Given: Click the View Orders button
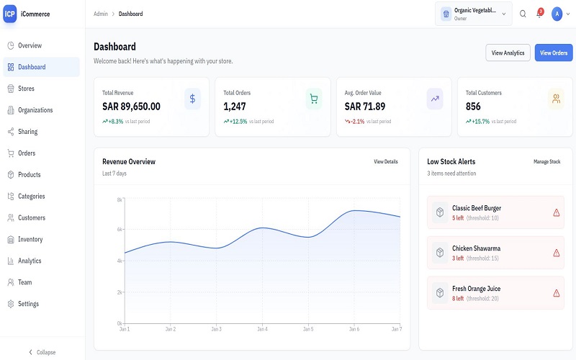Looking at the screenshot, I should pyautogui.click(x=553, y=53).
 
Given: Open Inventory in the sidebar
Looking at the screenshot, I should pyautogui.click(x=30, y=239).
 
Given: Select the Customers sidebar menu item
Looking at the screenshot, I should pyautogui.click(x=32, y=217).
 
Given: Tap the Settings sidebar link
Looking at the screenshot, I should pyautogui.click(x=29, y=304).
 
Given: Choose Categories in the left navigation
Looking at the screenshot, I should pyautogui.click(x=32, y=196).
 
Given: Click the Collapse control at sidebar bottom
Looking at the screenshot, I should pyautogui.click(x=42, y=352).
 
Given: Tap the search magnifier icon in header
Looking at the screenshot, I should pyautogui.click(x=523, y=14).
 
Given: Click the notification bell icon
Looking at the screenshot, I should pyautogui.click(x=539, y=14).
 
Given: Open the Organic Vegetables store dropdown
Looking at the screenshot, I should pyautogui.click(x=474, y=14).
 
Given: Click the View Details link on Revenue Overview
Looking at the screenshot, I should pyautogui.click(x=385, y=162).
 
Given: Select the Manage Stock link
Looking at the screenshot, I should pyautogui.click(x=546, y=162).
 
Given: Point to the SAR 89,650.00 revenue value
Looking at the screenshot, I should pyautogui.click(x=131, y=107).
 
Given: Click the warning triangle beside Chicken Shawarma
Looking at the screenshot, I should pyautogui.click(x=556, y=253).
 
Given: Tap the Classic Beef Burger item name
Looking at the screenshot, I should pyautogui.click(x=477, y=208).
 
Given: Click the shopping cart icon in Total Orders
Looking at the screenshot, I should pyautogui.click(x=313, y=99).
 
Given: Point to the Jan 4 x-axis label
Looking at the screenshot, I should pyautogui.click(x=262, y=329).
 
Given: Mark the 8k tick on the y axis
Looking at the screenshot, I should pyautogui.click(x=120, y=199).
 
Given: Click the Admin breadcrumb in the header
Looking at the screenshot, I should pyautogui.click(x=100, y=14).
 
